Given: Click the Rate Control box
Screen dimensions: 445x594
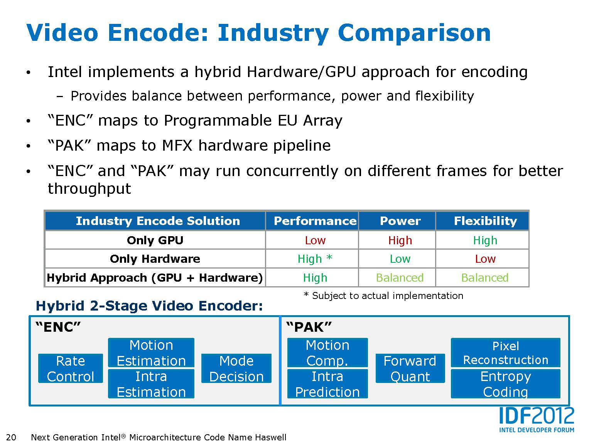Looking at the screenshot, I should tap(71, 368).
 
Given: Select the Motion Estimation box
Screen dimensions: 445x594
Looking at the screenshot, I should tap(151, 353).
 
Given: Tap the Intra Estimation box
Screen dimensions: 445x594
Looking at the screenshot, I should tap(151, 384).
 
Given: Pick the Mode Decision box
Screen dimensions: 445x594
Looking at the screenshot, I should tap(236, 368).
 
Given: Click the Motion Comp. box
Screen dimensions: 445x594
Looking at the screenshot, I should tap(327, 353).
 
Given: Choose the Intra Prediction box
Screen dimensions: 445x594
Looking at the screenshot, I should tap(327, 384).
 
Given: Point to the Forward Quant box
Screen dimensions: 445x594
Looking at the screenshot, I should tap(410, 368).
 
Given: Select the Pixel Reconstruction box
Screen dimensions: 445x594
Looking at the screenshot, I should tap(505, 353).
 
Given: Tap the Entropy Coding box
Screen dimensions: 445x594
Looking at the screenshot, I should tap(505, 384).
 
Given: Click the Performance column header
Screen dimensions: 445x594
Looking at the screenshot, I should tap(315, 221).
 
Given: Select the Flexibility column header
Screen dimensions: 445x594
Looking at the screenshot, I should tap(485, 221).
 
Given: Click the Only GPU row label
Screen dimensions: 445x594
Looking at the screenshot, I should tap(155, 240).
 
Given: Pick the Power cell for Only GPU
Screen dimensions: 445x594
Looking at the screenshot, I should tap(400, 240).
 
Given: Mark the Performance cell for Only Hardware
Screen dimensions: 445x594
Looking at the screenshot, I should tap(315, 259).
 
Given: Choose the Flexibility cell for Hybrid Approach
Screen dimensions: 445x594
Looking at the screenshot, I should tap(485, 278).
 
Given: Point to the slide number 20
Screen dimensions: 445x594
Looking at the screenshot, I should tap(11, 437).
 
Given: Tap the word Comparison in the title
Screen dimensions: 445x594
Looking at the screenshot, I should tap(414, 33).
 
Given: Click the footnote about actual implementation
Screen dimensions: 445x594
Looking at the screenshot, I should tap(384, 296).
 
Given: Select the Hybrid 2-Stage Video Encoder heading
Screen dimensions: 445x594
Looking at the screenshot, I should tap(149, 306).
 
